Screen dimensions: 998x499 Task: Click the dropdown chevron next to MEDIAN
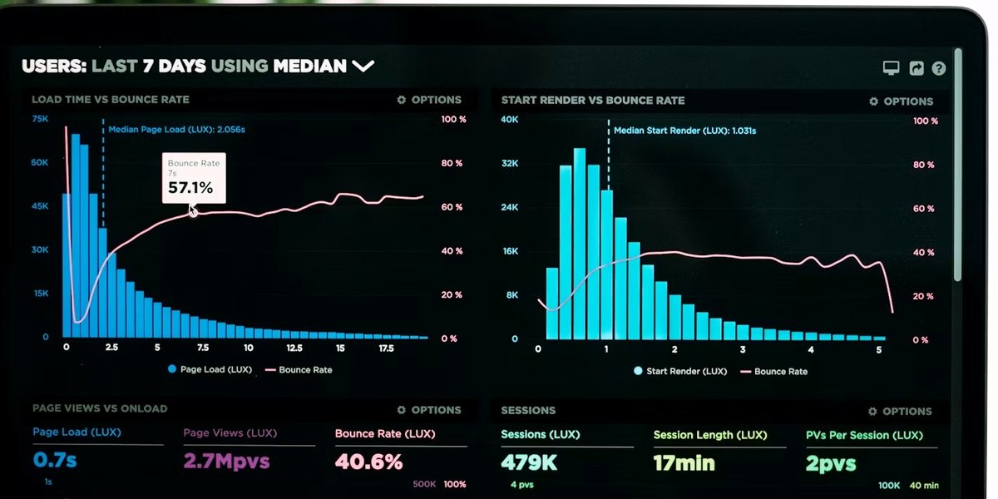(363, 67)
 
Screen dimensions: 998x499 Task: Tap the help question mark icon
(939, 68)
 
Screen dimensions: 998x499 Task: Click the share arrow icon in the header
(916, 68)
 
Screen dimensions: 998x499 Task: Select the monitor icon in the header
(891, 68)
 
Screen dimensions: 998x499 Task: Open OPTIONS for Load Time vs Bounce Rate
(429, 100)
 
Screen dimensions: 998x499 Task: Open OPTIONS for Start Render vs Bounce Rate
(901, 101)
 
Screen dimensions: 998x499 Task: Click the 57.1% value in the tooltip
(190, 188)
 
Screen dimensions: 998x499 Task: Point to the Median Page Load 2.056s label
(176, 130)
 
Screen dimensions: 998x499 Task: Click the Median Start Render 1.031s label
(684, 131)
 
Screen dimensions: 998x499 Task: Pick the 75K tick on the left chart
(40, 119)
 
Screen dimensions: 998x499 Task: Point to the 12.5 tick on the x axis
(294, 348)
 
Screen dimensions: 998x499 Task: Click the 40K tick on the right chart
(510, 120)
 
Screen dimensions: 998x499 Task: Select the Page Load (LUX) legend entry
(210, 369)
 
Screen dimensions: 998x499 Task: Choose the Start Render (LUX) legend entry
(680, 371)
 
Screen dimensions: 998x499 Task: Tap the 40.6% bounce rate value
(369, 462)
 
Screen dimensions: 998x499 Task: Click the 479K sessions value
(529, 462)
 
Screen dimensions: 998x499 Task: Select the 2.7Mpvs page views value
(227, 461)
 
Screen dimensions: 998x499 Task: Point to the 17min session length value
(684, 463)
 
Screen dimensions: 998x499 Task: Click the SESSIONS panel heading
(528, 410)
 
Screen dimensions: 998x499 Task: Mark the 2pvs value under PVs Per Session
(831, 464)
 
